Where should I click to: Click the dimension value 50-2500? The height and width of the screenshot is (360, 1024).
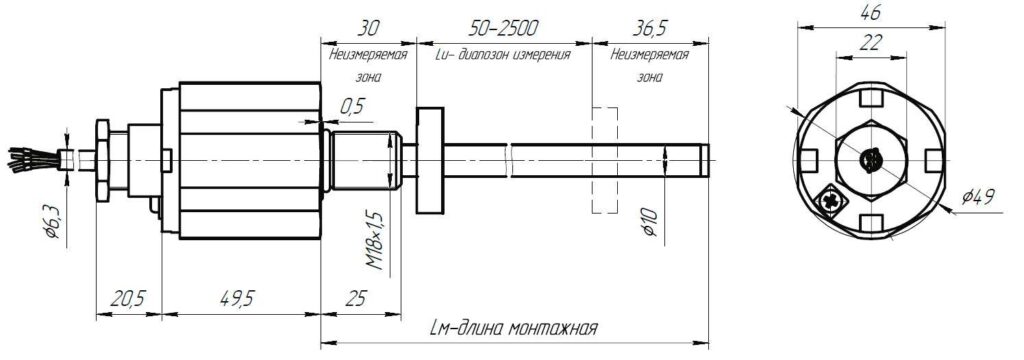[503, 28]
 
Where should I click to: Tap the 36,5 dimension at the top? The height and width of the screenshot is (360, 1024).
[651, 28]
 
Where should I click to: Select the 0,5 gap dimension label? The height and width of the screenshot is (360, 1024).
[352, 106]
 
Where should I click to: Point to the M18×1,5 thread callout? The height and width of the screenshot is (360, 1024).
[374, 241]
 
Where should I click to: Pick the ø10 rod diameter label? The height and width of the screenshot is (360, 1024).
[650, 223]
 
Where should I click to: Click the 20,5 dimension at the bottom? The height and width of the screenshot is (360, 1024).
[128, 299]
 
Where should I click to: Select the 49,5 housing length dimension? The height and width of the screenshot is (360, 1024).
[236, 299]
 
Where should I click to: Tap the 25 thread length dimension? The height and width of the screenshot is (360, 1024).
[355, 298]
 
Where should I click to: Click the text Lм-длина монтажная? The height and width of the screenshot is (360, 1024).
[515, 327]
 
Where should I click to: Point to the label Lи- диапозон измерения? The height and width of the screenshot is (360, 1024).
[502, 55]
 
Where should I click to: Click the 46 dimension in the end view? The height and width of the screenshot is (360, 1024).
[871, 12]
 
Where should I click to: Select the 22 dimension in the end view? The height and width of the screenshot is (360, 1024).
[871, 42]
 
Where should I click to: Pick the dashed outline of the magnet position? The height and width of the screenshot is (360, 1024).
[605, 160]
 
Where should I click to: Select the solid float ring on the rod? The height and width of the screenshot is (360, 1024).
[429, 160]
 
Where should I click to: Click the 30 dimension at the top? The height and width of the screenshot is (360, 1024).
[368, 28]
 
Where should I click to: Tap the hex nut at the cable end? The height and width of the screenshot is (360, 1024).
[103, 160]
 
